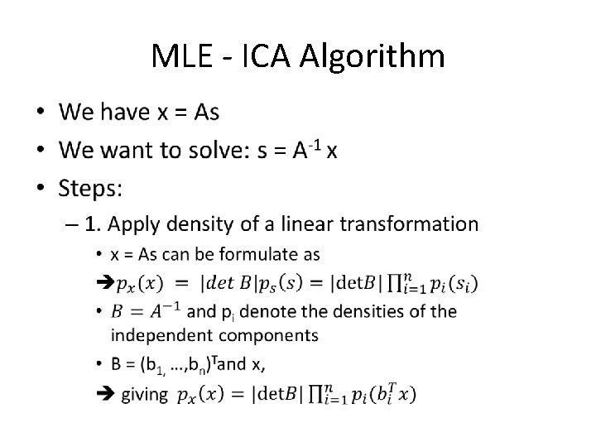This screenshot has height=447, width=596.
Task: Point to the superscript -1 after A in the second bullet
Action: click(315, 142)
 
